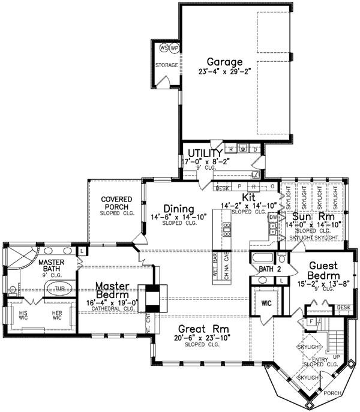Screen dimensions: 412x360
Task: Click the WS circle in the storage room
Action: click(163, 48)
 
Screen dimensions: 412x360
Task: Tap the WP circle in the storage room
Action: click(174, 48)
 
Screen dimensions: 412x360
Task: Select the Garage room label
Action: click(224, 61)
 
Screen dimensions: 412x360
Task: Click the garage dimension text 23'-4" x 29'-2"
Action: click(224, 71)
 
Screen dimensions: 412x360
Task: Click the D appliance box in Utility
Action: click(255, 149)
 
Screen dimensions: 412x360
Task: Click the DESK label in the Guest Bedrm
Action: click(343, 308)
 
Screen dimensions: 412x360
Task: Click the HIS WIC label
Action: click(21, 315)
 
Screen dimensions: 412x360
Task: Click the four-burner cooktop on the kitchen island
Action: click(227, 228)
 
